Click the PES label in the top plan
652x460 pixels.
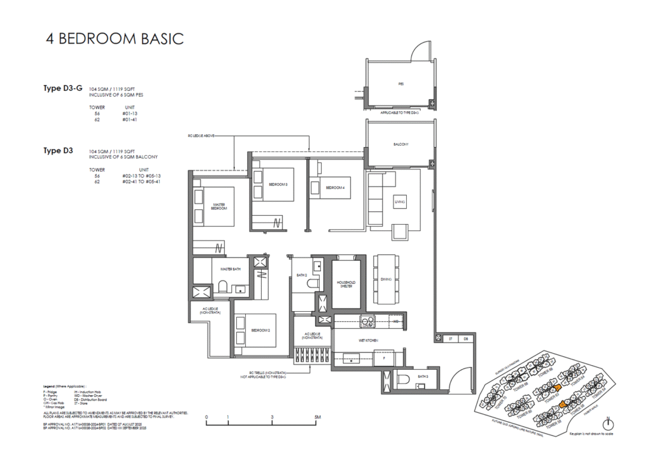point(400,83)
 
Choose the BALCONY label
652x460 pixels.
point(400,144)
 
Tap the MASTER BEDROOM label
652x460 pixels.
point(220,206)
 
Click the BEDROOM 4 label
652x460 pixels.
point(335,188)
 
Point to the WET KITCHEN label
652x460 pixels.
point(368,341)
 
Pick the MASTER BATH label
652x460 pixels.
point(230,269)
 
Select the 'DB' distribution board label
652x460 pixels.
point(465,339)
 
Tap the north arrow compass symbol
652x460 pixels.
point(608,423)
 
